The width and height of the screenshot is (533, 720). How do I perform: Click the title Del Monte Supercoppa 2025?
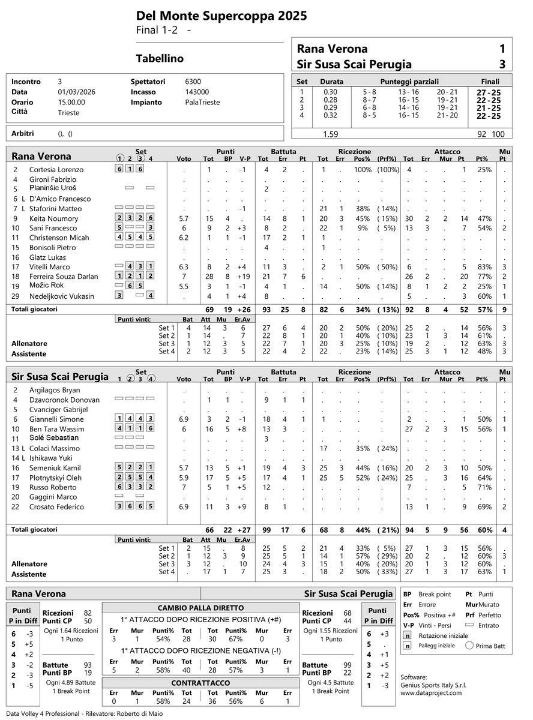(x=213, y=16)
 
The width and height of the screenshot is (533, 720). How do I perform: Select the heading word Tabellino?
(x=160, y=59)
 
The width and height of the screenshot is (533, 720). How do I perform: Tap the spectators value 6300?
(x=193, y=82)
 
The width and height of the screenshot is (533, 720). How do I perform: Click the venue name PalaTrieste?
(x=203, y=102)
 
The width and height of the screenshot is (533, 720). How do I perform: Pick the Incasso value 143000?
(x=197, y=92)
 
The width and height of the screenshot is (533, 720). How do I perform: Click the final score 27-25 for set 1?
(x=489, y=92)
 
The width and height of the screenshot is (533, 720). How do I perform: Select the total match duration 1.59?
(x=331, y=134)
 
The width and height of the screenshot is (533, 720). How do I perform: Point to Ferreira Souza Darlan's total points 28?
(x=208, y=277)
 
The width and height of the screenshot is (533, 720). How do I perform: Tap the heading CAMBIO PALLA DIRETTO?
(x=200, y=607)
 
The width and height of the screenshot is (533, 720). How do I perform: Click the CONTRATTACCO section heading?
(x=200, y=683)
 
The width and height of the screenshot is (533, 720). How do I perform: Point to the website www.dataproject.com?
(x=431, y=692)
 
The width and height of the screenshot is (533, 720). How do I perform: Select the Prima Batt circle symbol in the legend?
(x=470, y=646)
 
